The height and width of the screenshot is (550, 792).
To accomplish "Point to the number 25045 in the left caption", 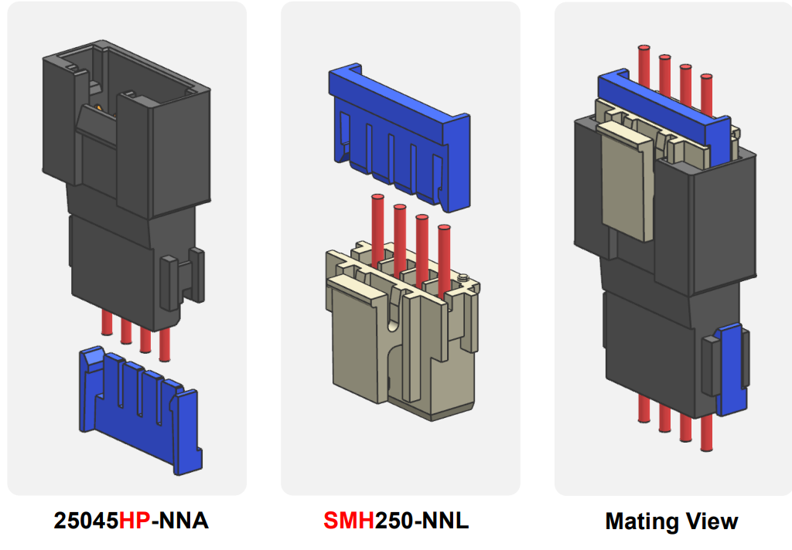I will coord(85,521).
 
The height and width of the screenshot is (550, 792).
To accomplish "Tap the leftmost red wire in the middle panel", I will coord(378,224).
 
